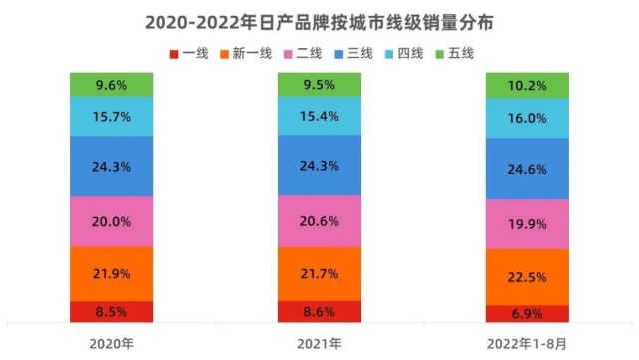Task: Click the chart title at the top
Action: (319, 20)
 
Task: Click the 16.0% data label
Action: (527, 118)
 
